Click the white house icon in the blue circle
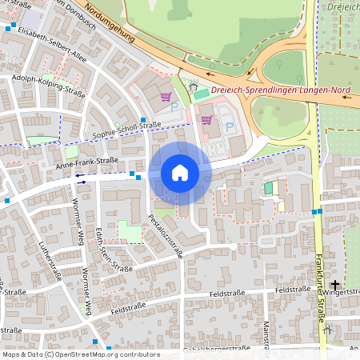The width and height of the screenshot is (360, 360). [180, 173]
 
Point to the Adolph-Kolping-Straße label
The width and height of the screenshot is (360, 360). [48, 86]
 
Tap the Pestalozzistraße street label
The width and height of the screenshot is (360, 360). [166, 236]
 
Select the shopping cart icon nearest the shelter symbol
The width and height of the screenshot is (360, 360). [166, 98]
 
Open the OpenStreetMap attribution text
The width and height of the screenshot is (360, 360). [80, 354]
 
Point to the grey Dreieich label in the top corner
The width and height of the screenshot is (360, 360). [343, 6]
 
